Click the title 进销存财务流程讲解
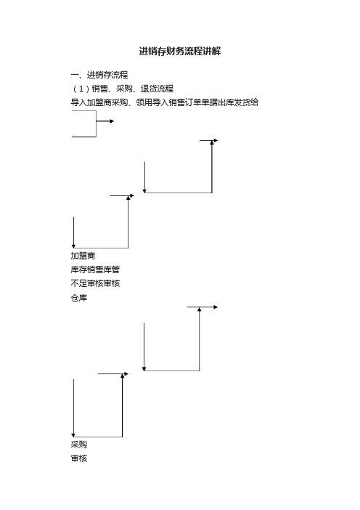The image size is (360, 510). pyautogui.click(x=180, y=51)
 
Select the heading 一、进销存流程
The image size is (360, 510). pyautogui.click(x=99, y=75)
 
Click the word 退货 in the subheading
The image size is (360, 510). pyautogui.click(x=149, y=89)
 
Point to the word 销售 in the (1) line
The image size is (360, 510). pyautogui.click(x=99, y=89)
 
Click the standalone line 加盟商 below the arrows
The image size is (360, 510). pyautogui.click(x=83, y=256)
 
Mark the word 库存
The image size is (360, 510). pyautogui.click(x=79, y=270)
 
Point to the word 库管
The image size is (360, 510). pyautogui.click(x=112, y=270)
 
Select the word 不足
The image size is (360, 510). pyautogui.click(x=79, y=283)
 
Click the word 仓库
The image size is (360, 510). pyautogui.click(x=79, y=298)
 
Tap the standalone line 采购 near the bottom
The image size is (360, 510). pyautogui.click(x=79, y=445)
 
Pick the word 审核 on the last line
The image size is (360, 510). pyautogui.click(x=79, y=458)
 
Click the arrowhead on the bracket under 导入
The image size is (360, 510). pyautogui.click(x=112, y=121)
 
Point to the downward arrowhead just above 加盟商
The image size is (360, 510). pyautogui.click(x=74, y=246)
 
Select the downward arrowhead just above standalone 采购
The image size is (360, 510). pyautogui.click(x=73, y=435)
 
